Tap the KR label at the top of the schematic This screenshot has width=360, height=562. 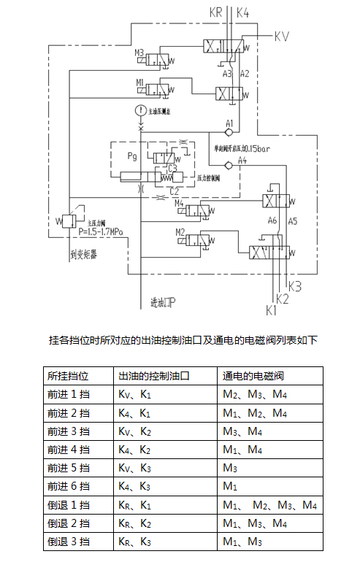point(217,12)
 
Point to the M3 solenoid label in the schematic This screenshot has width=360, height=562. point(139,53)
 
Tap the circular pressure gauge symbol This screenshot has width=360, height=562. point(140,111)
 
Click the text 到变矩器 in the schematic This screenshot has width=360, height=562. point(85,255)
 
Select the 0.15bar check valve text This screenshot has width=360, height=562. point(246,148)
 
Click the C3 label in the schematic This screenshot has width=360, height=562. point(173,168)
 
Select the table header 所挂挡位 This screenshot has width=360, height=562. point(68,376)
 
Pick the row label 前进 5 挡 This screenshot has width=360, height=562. point(68,467)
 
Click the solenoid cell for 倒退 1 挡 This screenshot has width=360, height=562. point(269,504)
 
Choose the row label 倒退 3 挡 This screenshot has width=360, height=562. point(68,541)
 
